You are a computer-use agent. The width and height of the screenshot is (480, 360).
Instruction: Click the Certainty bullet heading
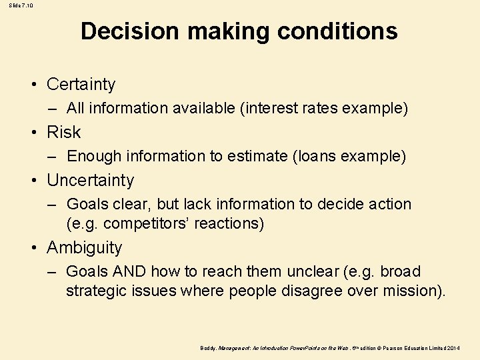tap(81, 85)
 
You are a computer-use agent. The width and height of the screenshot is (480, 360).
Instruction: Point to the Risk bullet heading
tap(63, 133)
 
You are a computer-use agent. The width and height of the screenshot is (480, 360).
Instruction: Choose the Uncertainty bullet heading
tap(90, 181)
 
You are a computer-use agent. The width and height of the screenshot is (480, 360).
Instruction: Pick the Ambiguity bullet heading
tap(84, 248)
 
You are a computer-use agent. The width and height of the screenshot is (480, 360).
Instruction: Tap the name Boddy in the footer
tap(207, 348)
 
